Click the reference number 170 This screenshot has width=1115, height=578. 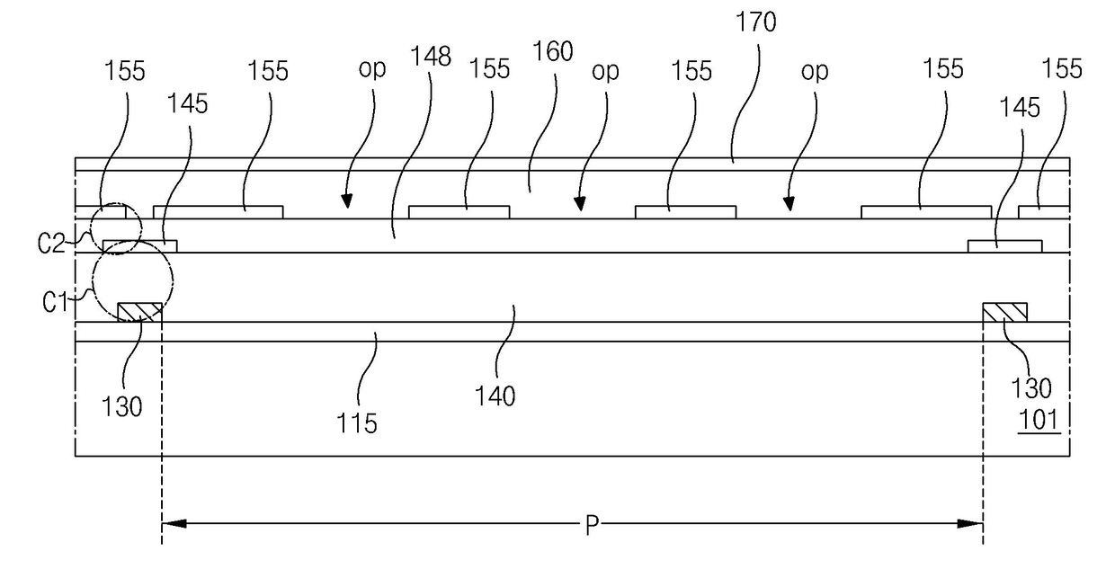point(755,22)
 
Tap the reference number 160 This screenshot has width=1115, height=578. point(552,52)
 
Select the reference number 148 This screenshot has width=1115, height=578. point(431,57)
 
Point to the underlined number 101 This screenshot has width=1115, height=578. point(1039,420)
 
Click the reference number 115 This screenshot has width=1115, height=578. point(357,423)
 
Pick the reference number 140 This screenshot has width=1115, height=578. point(495,397)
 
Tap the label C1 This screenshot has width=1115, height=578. point(55,302)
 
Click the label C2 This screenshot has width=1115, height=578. point(52,244)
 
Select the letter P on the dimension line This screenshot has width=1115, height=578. point(592,525)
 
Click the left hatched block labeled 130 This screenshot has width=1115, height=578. point(140,313)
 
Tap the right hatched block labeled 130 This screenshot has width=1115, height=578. point(1004,313)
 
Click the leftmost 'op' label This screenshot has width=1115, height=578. point(372,68)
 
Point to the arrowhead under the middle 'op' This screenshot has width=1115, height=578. point(579,203)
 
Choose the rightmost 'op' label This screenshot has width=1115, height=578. point(815,72)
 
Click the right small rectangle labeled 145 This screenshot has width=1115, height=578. point(1005,246)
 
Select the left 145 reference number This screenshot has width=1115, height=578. point(187,104)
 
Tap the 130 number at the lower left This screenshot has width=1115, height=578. point(122,407)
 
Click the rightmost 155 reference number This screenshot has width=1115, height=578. point(1062,69)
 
